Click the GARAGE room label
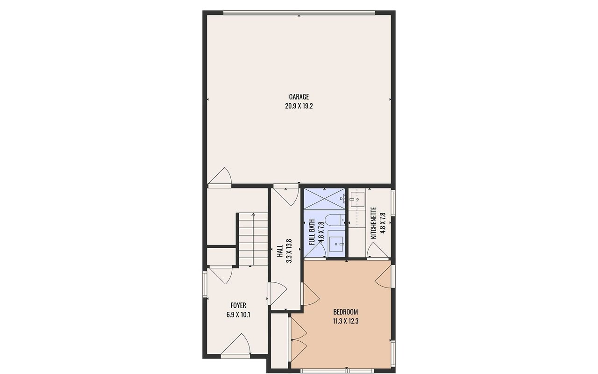click(299, 97)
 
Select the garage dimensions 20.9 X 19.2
click(299, 106)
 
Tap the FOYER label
click(238, 305)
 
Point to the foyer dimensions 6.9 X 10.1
click(238, 315)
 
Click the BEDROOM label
click(345, 312)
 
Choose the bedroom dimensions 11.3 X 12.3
click(345, 321)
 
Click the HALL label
click(280, 251)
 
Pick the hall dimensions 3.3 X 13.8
click(289, 251)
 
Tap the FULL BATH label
click(312, 232)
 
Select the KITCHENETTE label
click(373, 223)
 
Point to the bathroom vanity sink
click(336, 244)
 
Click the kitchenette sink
click(357, 199)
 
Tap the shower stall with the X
click(324, 199)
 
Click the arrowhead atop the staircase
click(253, 215)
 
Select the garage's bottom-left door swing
click(220, 176)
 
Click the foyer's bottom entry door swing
click(236, 344)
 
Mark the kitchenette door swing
click(377, 251)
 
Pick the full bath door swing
click(315, 250)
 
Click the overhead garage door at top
click(299, 12)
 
